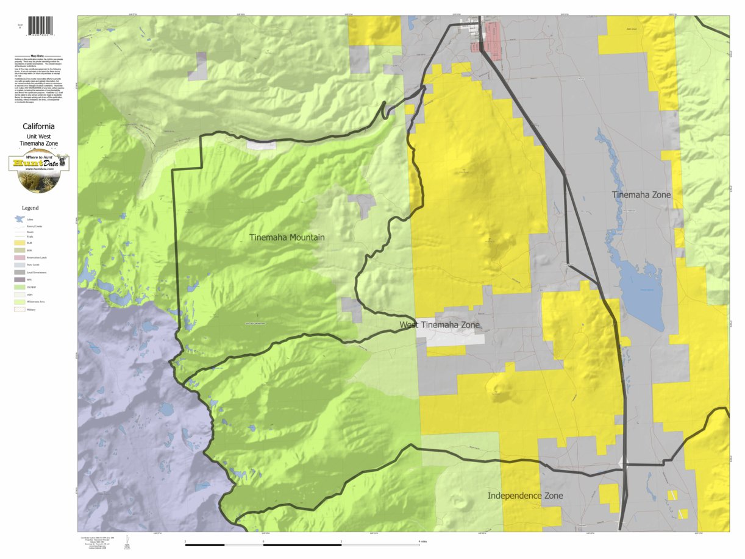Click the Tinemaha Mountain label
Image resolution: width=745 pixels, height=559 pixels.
287,237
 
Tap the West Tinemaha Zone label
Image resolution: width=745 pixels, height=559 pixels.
439,325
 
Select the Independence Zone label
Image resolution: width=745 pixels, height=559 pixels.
525,496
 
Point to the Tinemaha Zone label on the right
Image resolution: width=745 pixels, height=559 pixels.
641,194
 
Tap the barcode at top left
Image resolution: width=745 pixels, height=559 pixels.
40,26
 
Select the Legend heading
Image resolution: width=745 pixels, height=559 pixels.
30,208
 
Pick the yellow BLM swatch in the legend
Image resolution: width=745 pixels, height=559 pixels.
20,243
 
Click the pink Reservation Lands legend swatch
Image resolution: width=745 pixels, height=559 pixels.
20,257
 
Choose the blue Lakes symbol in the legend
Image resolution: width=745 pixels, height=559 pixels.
20,219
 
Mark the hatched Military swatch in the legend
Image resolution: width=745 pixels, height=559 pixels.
20,309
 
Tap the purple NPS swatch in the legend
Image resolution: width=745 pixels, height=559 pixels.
20,280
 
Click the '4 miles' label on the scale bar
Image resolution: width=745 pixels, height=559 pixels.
422,541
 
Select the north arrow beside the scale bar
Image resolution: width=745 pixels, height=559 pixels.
127,540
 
